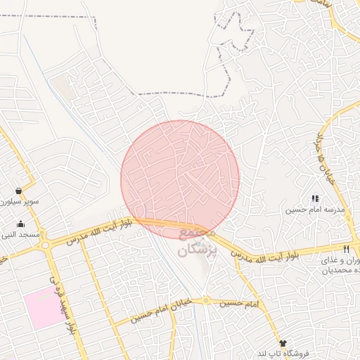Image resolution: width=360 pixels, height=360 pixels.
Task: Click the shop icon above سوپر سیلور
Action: coord(18,191)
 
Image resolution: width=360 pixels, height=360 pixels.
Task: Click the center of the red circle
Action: coord(180,179)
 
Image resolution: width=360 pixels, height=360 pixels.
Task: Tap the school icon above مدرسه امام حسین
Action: coord(315,199)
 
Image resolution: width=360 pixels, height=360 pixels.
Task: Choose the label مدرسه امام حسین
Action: coord(315,210)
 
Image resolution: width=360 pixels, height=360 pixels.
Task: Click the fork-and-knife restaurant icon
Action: coord(346,249)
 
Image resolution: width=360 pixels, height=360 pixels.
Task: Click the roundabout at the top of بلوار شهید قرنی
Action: coord(46,245)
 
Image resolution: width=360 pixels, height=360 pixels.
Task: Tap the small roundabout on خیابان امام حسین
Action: coord(205,300)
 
